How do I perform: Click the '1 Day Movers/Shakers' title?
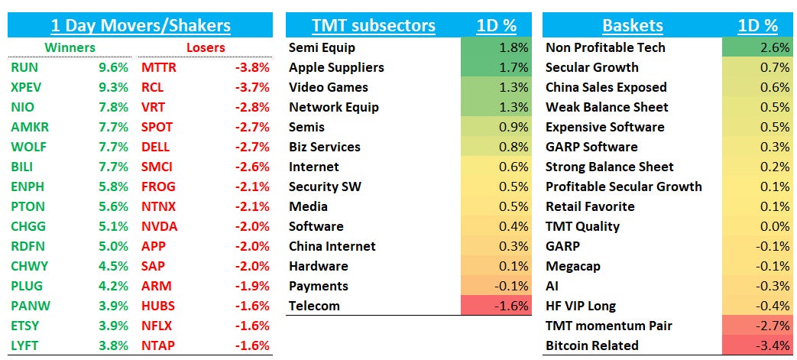(140, 25)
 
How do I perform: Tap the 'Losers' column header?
(206, 47)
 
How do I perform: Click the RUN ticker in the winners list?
(24, 67)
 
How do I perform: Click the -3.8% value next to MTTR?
(251, 67)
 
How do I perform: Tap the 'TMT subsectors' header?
(373, 25)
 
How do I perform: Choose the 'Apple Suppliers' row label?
(336, 67)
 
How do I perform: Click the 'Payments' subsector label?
(318, 286)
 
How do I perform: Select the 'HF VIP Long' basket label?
(580, 306)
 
